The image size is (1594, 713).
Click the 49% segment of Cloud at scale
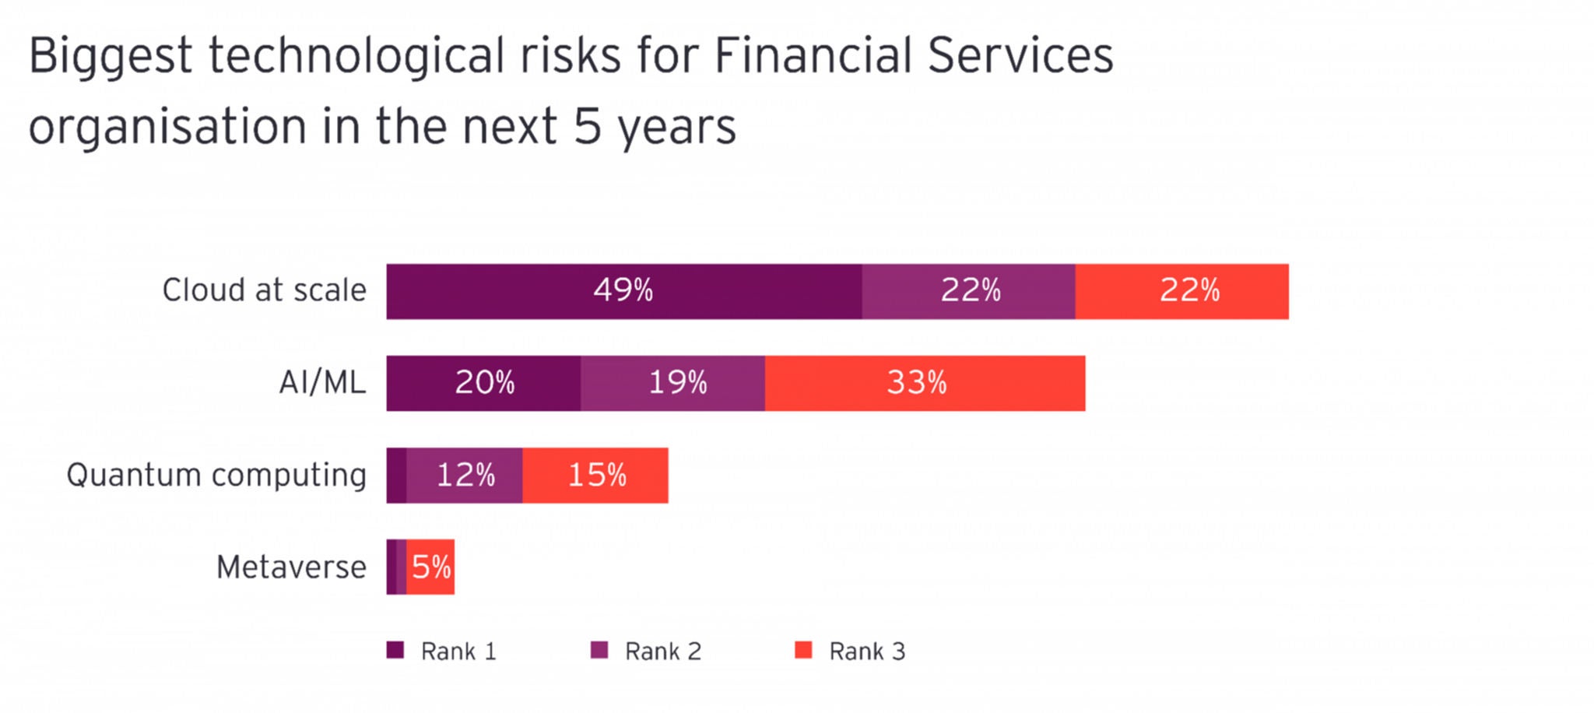pyautogui.click(x=624, y=291)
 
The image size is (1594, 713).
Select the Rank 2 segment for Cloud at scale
pyautogui.click(x=969, y=291)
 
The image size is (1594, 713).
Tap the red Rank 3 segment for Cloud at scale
pyautogui.click(x=1182, y=291)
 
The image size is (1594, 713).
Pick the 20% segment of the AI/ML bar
pyautogui.click(x=483, y=383)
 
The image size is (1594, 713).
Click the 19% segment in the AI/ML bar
pyautogui.click(x=672, y=383)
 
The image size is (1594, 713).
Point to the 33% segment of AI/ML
pyautogui.click(x=925, y=383)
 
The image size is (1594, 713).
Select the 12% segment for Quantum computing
pyautogui.click(x=465, y=475)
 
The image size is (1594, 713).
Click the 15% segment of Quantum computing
pyautogui.click(x=595, y=475)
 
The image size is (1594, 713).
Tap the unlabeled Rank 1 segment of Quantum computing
pyautogui.click(x=396, y=475)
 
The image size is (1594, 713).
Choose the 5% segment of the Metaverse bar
pyautogui.click(x=430, y=567)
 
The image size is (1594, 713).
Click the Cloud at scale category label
pyautogui.click(x=264, y=290)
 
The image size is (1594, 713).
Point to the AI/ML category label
pyautogui.click(x=322, y=382)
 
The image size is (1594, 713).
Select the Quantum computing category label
pyautogui.click(x=216, y=476)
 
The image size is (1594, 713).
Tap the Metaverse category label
pyautogui.click(x=291, y=567)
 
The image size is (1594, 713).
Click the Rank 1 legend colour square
pyautogui.click(x=395, y=650)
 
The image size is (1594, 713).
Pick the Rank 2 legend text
pyautogui.click(x=663, y=651)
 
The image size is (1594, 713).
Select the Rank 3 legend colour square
pyautogui.click(x=803, y=650)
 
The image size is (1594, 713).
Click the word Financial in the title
pyautogui.click(x=813, y=55)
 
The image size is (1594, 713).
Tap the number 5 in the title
pyautogui.click(x=588, y=126)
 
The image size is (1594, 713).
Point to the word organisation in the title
pyautogui.click(x=167, y=127)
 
